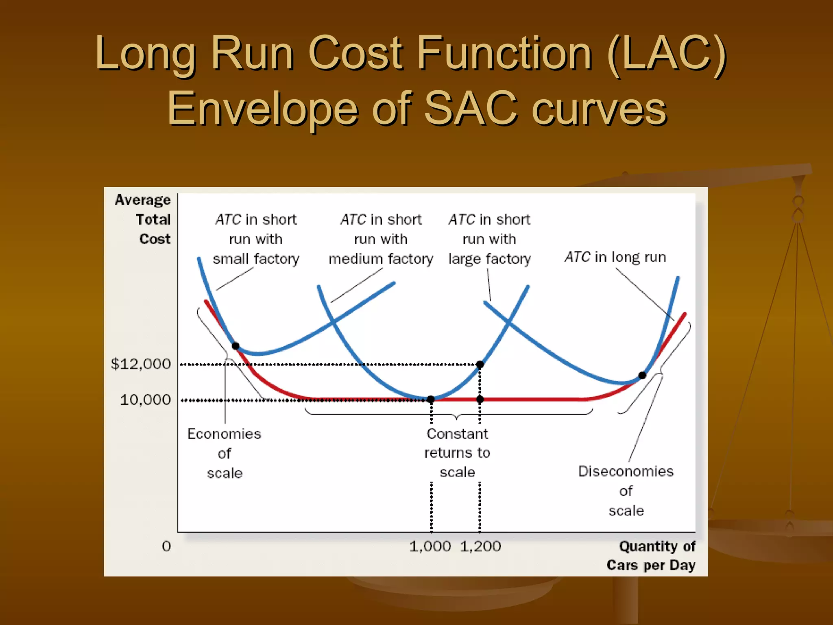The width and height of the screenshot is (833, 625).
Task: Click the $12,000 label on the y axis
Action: click(141, 364)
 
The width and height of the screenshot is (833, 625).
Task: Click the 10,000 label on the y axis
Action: click(145, 400)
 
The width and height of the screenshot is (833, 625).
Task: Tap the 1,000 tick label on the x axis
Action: click(430, 546)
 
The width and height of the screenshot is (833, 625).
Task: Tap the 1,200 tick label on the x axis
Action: click(480, 546)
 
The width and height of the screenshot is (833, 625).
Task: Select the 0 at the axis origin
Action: click(166, 546)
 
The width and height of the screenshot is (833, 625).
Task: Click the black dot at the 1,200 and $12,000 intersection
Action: click(480, 364)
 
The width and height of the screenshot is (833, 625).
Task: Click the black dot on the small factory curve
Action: click(236, 346)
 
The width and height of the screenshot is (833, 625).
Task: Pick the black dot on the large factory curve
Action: click(642, 375)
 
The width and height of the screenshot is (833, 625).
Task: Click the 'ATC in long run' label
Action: click(615, 257)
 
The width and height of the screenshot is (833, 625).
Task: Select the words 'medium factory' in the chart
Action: click(381, 259)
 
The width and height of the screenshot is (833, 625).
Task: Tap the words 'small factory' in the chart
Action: click(256, 259)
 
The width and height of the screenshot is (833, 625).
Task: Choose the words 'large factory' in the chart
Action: click(489, 259)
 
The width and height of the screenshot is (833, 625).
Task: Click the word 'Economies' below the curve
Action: click(224, 434)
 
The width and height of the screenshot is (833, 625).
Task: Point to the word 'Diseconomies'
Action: click(626, 471)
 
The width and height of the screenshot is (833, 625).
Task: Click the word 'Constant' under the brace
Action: click(457, 434)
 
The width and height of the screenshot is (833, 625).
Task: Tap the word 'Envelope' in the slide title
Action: click(262, 108)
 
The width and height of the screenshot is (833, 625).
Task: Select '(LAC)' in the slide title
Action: click(666, 53)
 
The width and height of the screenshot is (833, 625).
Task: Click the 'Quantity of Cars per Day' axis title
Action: click(651, 555)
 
